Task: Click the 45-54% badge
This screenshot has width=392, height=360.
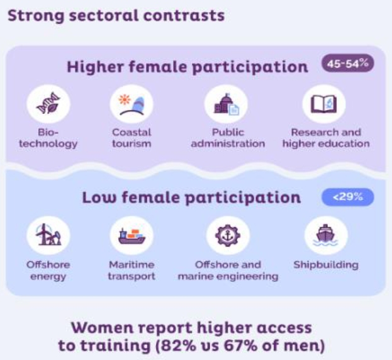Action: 347,64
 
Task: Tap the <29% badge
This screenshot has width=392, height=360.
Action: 347,197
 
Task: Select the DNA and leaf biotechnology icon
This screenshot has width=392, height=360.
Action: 48,103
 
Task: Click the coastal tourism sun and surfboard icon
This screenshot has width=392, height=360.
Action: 132,105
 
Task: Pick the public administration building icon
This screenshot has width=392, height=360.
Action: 227,104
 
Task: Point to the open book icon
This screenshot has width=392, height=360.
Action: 324,104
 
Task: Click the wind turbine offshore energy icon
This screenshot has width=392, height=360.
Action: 48,235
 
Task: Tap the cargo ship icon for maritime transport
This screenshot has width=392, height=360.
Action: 132,236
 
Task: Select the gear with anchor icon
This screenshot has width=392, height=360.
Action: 228,235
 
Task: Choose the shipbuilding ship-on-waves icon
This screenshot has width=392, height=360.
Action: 325,235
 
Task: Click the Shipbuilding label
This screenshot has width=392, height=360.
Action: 326,265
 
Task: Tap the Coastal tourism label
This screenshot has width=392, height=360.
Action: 132,138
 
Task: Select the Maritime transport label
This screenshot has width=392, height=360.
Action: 132,271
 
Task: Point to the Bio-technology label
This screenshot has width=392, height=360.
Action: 48,138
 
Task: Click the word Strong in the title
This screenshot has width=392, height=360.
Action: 36,16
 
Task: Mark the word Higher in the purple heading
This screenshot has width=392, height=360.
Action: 95,67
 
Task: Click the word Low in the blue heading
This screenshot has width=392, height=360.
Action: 99,197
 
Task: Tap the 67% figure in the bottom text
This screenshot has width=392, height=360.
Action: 240,346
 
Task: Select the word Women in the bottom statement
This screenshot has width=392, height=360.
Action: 103,328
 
